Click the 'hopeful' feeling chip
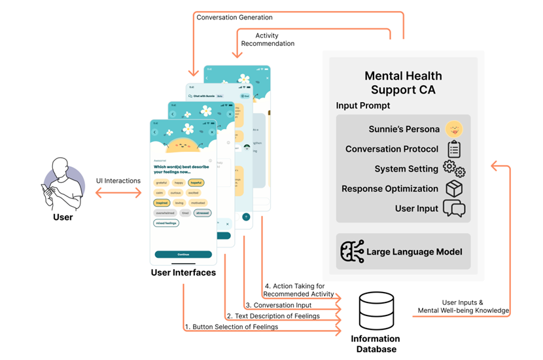pos(196,183)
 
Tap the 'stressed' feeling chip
pos(202,213)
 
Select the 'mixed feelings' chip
pos(167,223)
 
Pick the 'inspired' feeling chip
pos(162,203)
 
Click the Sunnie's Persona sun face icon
pos(453,130)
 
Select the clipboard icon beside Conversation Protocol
pos(453,149)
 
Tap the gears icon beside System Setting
pos(453,169)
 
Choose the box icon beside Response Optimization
pos(453,189)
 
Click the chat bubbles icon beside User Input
pos(453,208)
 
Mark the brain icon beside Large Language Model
pos(352,251)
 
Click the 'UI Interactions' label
pos(118,181)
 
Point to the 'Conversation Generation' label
pos(234,17)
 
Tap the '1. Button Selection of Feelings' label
pos(231,327)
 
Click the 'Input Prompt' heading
pos(362,105)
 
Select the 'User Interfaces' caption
pos(183,272)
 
